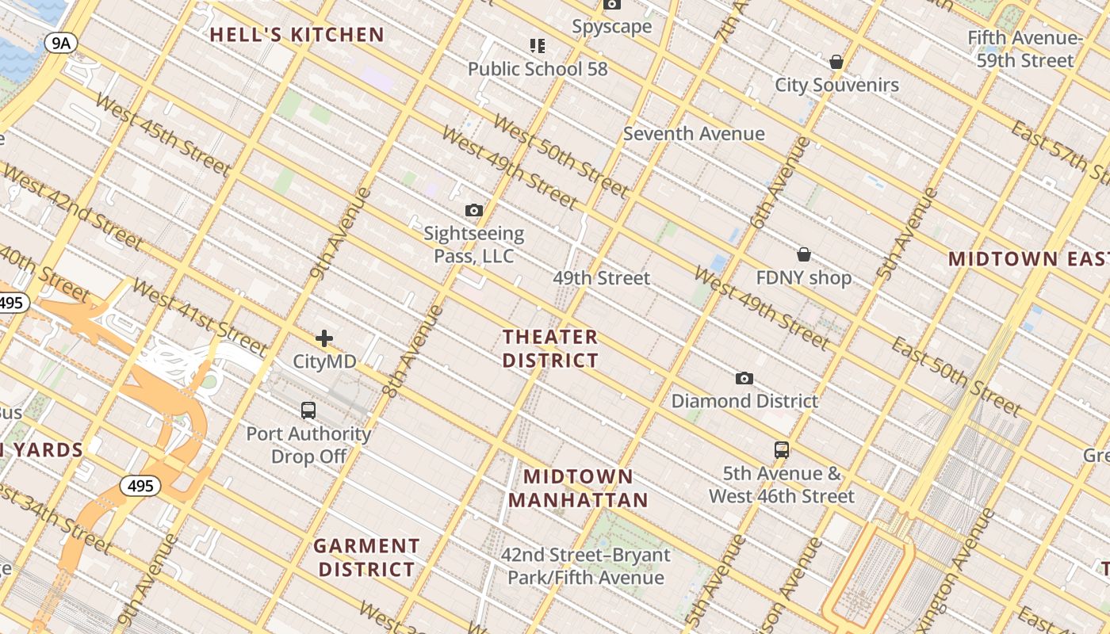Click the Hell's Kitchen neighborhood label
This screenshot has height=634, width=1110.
[297, 35]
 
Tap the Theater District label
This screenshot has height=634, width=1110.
[550, 349]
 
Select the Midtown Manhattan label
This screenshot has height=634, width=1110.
[578, 488]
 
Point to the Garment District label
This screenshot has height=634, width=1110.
[366, 557]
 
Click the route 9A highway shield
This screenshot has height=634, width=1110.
[60, 43]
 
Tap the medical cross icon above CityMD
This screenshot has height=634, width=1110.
[324, 339]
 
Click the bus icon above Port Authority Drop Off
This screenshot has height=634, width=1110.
[308, 411]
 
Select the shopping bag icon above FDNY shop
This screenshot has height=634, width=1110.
[804, 254]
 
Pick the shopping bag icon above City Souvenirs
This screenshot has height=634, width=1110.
[836, 62]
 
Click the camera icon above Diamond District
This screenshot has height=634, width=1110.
[744, 378]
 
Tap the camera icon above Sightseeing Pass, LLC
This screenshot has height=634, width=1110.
[474, 210]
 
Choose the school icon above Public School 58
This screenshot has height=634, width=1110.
[538, 46]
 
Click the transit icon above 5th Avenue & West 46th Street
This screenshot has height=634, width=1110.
[782, 450]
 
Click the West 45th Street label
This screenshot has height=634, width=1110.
[163, 136]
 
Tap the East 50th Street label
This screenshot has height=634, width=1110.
[956, 376]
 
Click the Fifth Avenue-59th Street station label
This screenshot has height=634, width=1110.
[1024, 49]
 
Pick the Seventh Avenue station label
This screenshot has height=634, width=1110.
[694, 134]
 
